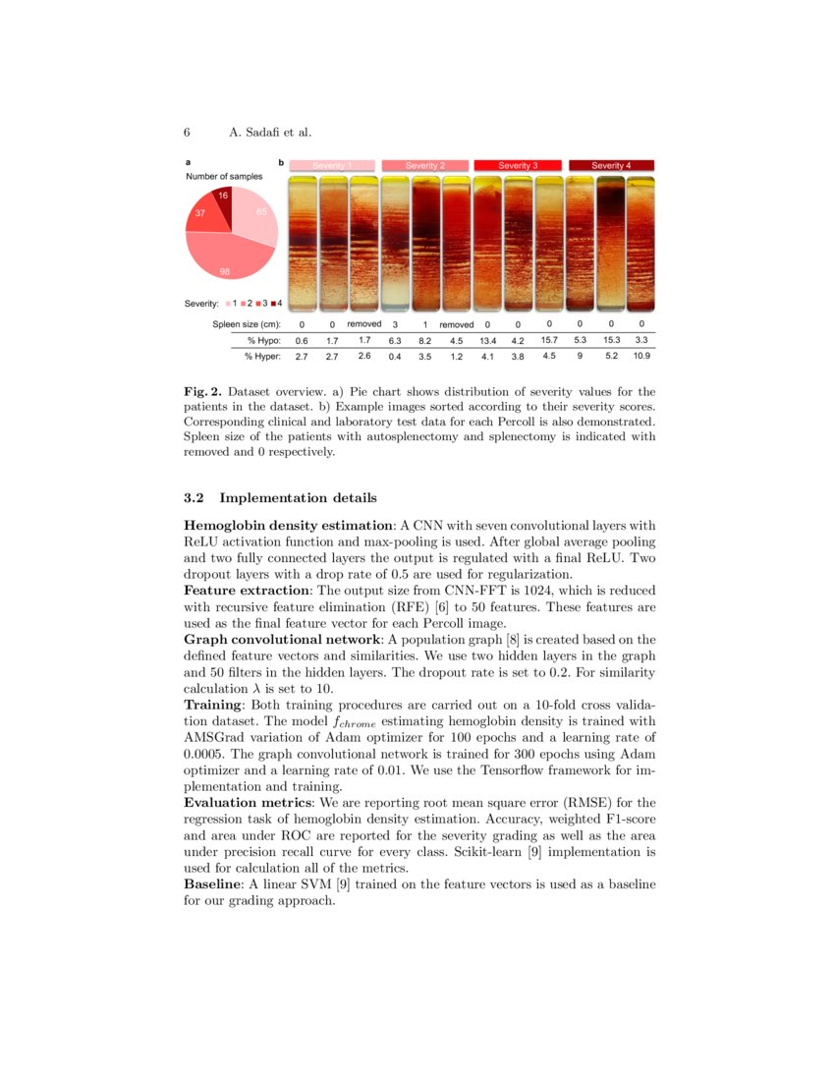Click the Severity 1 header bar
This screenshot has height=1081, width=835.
click(331, 165)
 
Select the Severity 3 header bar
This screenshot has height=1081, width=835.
click(518, 165)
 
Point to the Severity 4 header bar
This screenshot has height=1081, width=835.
click(611, 165)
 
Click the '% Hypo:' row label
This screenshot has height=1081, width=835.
click(264, 340)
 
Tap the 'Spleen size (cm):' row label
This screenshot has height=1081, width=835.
click(247, 324)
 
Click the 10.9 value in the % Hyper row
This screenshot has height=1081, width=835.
click(640, 356)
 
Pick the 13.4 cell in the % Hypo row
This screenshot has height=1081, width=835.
click(487, 340)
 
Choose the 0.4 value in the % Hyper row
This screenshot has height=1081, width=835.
click(394, 356)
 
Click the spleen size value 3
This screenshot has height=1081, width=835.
click(394, 324)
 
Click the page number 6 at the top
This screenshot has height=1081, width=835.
click(187, 132)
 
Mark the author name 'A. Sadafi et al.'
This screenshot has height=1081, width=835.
click(270, 132)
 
